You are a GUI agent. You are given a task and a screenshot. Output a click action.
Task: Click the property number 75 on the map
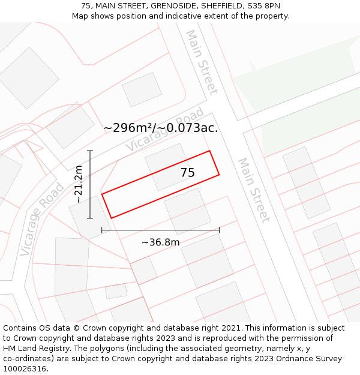point(188,173)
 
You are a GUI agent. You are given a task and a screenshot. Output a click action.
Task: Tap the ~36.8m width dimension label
point(160,242)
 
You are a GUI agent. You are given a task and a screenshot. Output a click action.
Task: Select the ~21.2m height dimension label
point(79,184)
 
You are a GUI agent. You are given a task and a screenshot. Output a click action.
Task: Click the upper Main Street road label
point(202,62)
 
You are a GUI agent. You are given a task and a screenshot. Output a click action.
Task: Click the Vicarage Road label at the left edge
point(41,219)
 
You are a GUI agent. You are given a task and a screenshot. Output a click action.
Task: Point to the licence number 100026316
point(25,368)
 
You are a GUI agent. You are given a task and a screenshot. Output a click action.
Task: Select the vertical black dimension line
point(90,184)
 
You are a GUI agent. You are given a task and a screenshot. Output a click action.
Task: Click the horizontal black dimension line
point(160,230)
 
